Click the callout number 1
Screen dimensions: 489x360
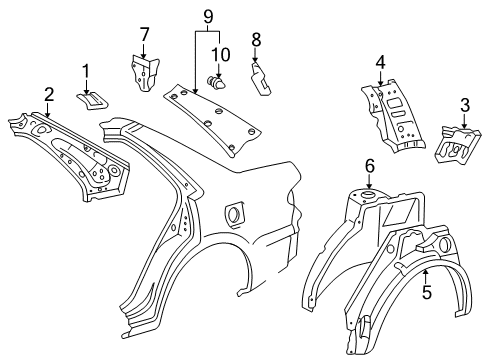[x=86, y=71]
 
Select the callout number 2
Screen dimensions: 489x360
[x=49, y=95]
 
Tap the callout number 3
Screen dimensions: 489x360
[x=465, y=105]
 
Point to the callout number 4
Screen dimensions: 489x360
[x=381, y=62]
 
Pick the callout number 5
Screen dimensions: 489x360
[x=427, y=292]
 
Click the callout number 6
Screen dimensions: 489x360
[x=370, y=166]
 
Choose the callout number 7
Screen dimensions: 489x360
[x=144, y=34]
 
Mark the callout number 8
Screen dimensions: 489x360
[x=256, y=40]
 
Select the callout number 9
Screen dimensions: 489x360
[x=208, y=17]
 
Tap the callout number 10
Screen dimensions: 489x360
[x=221, y=54]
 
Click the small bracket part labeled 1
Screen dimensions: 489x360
[x=92, y=101]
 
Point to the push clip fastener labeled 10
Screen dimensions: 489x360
[x=216, y=82]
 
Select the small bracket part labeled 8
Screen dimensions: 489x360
[x=260, y=79]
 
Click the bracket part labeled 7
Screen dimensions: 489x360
[x=144, y=73]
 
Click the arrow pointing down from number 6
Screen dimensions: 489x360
[x=369, y=181]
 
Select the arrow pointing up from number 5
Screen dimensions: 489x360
[x=425, y=277]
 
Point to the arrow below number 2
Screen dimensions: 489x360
[x=49, y=110]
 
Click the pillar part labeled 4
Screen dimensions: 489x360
[x=393, y=115]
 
